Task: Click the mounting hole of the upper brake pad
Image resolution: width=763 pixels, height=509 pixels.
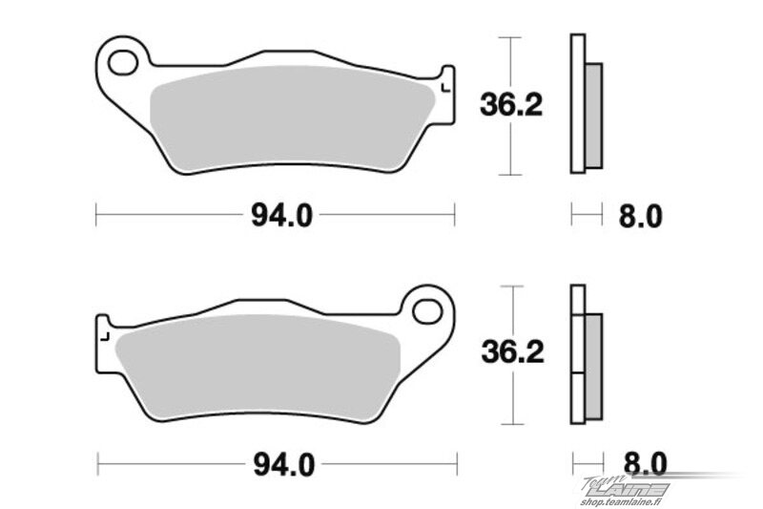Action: coord(123,63)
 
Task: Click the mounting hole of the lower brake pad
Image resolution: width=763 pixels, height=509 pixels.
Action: coord(427,310)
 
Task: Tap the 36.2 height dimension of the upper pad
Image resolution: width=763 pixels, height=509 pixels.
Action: coord(511,105)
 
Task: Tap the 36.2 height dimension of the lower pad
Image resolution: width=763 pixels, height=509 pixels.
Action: coord(512,351)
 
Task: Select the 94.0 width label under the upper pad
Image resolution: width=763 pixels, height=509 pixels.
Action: coord(281,215)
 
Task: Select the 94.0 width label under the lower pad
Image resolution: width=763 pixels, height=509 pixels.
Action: coord(284,465)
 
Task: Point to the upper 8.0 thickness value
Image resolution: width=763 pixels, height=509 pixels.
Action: coord(640,216)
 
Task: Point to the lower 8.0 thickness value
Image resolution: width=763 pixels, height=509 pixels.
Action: coord(646,464)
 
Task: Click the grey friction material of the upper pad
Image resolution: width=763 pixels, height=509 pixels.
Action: coord(292,119)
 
